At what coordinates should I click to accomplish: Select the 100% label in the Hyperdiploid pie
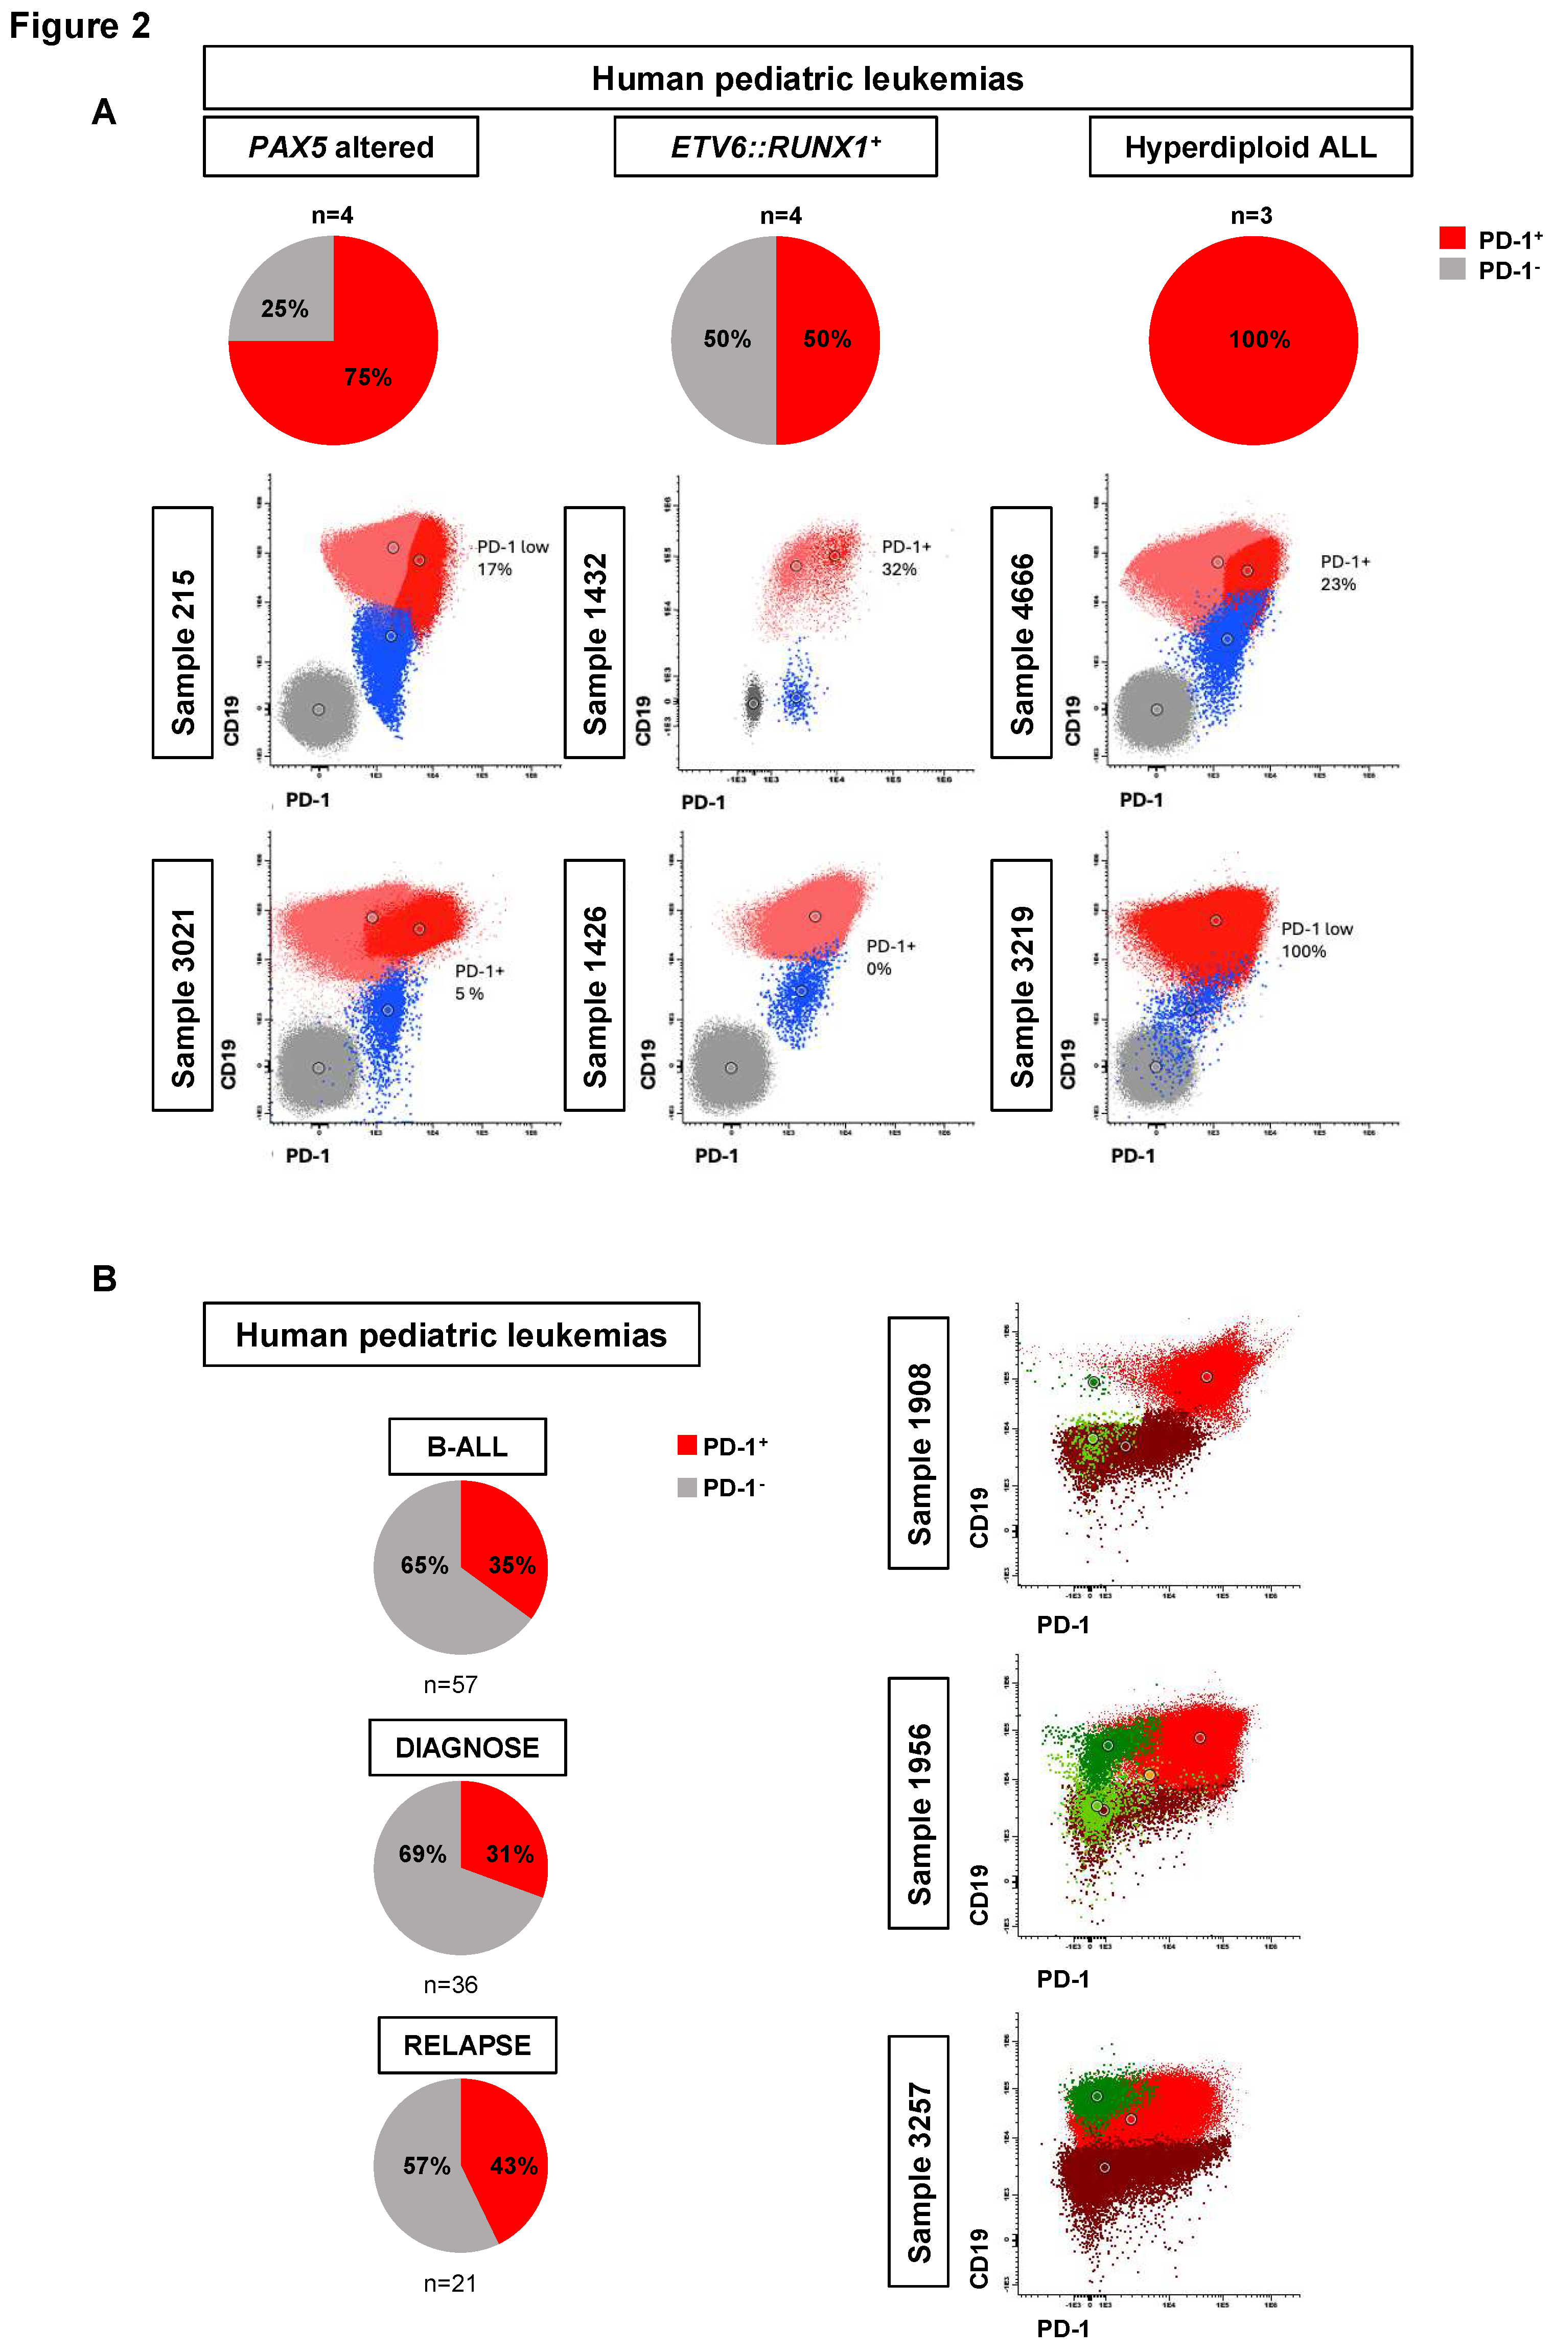[1259, 340]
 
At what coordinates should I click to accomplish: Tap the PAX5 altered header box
[341, 147]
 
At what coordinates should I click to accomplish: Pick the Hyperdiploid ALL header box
[1250, 147]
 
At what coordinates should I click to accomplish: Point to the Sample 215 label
[182, 632]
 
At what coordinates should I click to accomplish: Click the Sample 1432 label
[594, 632]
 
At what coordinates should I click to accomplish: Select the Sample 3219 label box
[1021, 985]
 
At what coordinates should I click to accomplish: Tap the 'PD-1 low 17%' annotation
[511, 558]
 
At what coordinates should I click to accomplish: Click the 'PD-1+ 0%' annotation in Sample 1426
[890, 957]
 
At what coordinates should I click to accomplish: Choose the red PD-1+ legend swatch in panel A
[1452, 238]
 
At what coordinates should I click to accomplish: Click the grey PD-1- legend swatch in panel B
[686, 1487]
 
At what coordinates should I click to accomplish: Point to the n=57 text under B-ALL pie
[451, 1684]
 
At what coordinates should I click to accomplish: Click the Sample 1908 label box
[918, 1443]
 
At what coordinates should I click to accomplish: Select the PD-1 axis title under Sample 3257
[1063, 2328]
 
